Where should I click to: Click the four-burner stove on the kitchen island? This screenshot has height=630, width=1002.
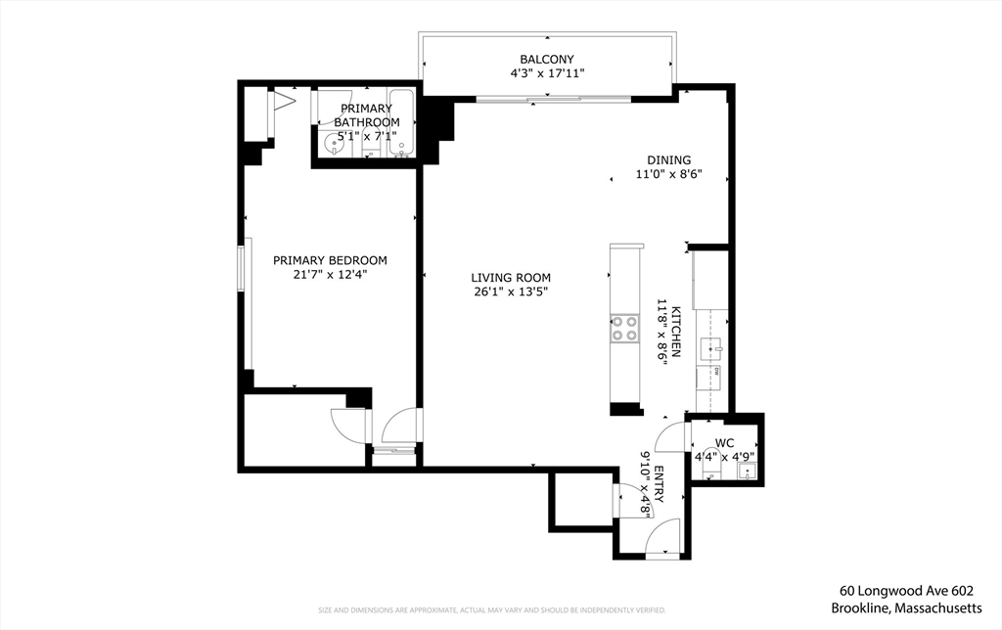(624, 328)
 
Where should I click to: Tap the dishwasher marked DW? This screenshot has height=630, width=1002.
(715, 372)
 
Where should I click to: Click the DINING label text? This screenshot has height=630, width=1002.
(669, 160)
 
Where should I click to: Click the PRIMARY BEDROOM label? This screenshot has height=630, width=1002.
(330, 260)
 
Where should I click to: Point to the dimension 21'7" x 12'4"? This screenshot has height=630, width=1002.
(330, 275)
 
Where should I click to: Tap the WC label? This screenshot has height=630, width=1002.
(724, 442)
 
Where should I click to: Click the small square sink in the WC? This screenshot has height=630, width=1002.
(748, 472)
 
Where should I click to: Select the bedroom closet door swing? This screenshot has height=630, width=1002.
(346, 423)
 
